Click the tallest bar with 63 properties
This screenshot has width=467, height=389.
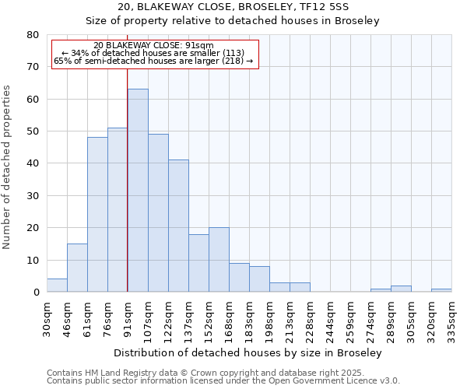coord(138,191)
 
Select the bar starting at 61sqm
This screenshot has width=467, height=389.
coord(97,215)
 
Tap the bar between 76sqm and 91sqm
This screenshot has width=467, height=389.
coord(118,210)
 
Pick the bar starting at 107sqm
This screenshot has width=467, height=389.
coord(158,213)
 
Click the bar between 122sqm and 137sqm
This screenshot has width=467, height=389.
coord(178,226)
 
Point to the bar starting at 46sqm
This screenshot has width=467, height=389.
coord(77,268)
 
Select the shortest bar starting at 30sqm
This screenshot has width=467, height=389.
coord(57,286)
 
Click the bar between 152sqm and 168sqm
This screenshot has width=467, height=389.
coord(219,260)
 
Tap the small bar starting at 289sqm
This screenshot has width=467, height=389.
coord(401,289)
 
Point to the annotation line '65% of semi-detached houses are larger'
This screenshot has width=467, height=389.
coord(153,61)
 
